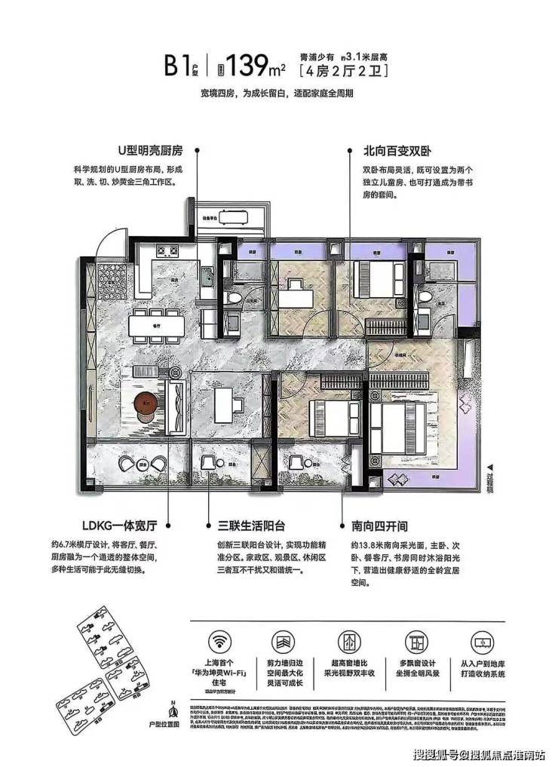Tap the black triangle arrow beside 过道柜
coord(489,468)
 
